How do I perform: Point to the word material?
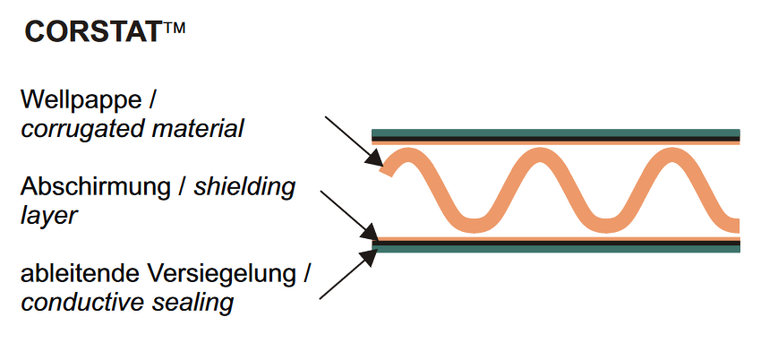196,128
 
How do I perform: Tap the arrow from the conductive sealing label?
345,274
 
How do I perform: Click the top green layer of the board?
555,133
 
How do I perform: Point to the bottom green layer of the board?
555,248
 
